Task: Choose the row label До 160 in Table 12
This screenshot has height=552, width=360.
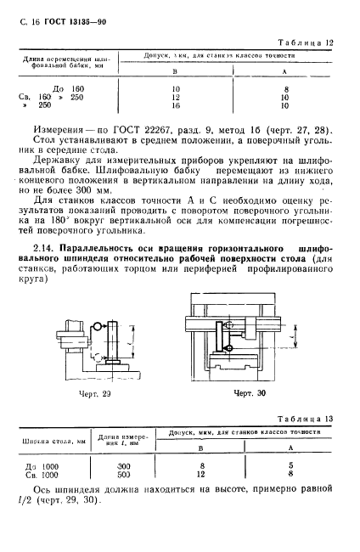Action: point(65,88)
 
